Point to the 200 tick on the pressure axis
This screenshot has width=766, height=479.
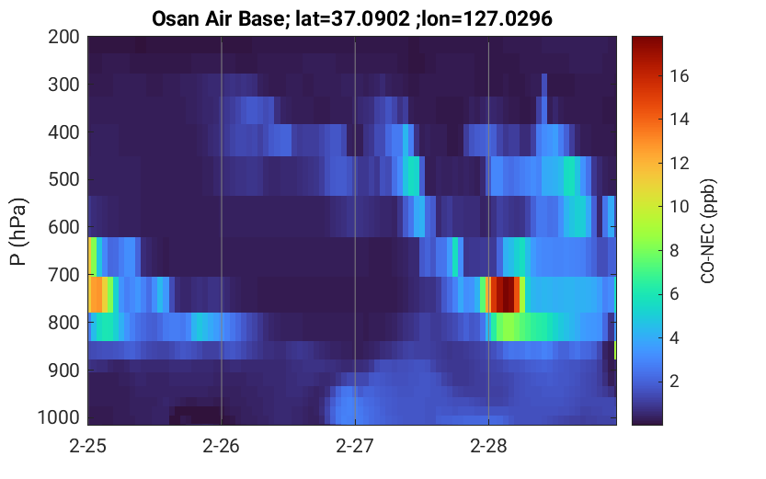click(63, 37)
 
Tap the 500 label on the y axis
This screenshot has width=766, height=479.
click(63, 179)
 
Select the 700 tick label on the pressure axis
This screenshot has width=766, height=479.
click(63, 275)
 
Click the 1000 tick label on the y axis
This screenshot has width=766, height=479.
click(58, 417)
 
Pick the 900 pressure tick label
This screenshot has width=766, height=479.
click(63, 371)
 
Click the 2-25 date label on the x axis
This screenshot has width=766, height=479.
click(88, 446)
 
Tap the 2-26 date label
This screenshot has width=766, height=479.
click(222, 446)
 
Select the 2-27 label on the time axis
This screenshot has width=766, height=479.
click(355, 446)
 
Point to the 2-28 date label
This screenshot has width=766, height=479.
click(488, 446)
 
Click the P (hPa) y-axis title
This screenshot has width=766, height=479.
click(18, 232)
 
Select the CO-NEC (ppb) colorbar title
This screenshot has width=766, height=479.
click(708, 231)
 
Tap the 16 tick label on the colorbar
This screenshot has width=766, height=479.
click(679, 75)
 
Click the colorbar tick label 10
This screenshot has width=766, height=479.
click(679, 207)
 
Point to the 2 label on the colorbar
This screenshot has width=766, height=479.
click(674, 381)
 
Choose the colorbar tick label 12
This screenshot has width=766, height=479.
click(679, 163)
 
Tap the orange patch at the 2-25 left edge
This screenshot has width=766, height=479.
click(97, 294)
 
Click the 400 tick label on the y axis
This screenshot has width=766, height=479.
click(63, 131)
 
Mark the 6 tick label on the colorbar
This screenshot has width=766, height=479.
click(674, 293)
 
